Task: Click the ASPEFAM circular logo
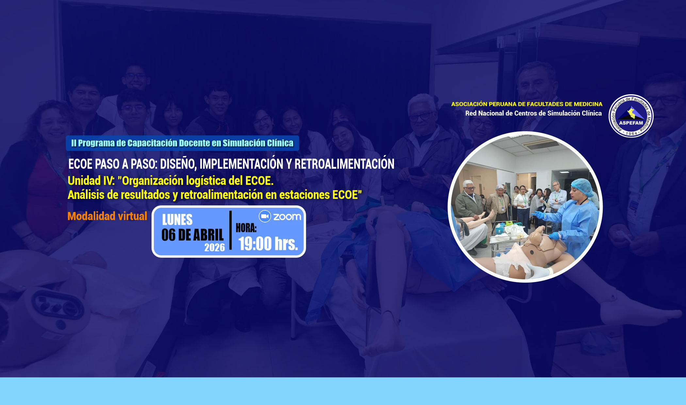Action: click(x=631, y=116)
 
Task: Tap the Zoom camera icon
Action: click(x=265, y=216)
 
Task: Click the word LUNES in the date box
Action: click(x=177, y=220)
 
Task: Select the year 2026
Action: click(x=215, y=247)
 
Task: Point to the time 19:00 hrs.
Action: click(x=268, y=244)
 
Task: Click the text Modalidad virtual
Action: click(x=107, y=216)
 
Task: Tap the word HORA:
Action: click(x=246, y=228)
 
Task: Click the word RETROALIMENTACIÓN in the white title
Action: click(x=344, y=164)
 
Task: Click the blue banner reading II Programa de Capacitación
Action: click(x=182, y=143)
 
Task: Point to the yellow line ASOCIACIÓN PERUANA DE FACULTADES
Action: click(x=527, y=104)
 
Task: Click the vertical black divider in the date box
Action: click(x=231, y=230)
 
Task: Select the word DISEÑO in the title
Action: click(x=178, y=164)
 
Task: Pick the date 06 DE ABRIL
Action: click(x=192, y=235)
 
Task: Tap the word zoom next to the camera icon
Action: click(x=287, y=217)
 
